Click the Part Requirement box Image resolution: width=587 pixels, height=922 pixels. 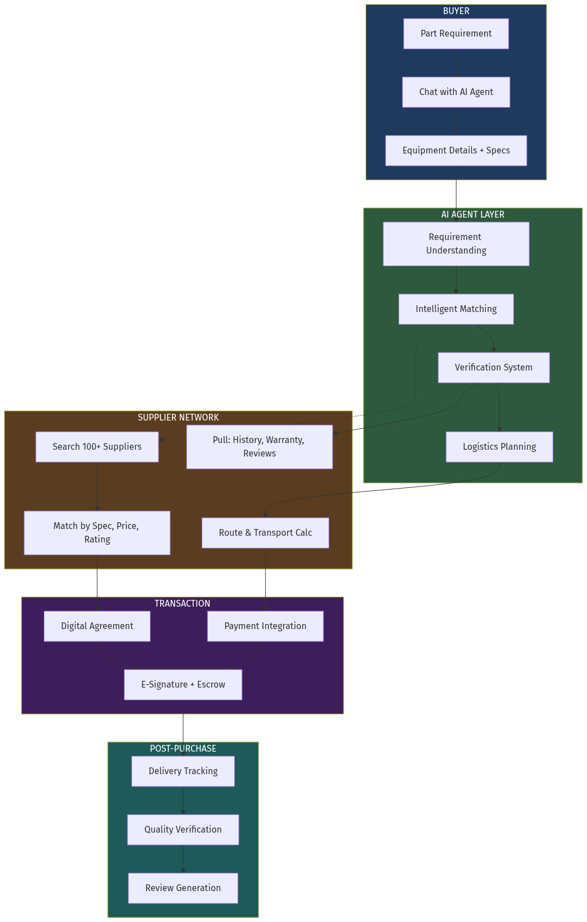[x=456, y=34]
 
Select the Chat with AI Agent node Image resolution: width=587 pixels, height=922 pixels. [x=456, y=92]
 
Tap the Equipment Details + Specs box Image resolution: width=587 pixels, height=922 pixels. [x=456, y=151]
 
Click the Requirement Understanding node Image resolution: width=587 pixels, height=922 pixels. [x=456, y=244]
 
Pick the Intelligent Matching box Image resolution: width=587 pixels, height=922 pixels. [x=456, y=309]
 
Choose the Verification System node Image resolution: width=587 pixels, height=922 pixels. [x=493, y=368]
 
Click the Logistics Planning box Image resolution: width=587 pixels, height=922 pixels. [x=499, y=447]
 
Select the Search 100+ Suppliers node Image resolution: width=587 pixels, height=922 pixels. [x=97, y=447]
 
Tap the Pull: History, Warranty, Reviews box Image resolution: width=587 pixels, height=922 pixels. [x=259, y=447]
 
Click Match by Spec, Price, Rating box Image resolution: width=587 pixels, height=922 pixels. [x=97, y=533]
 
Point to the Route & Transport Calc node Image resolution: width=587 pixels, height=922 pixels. [x=265, y=533]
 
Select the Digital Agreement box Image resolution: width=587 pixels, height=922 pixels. [x=97, y=626]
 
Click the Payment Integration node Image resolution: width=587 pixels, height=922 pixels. [x=265, y=626]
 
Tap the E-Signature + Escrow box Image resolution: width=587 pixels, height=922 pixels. [x=183, y=685]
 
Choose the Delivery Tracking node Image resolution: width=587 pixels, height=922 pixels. [x=183, y=771]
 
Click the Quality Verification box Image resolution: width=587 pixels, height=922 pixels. [x=183, y=830]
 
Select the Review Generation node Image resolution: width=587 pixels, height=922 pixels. [x=183, y=888]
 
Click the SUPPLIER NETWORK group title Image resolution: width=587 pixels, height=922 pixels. [x=178, y=417]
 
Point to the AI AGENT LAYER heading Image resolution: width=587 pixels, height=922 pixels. [x=472, y=214]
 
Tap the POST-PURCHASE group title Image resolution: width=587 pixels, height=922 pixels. [x=183, y=748]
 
